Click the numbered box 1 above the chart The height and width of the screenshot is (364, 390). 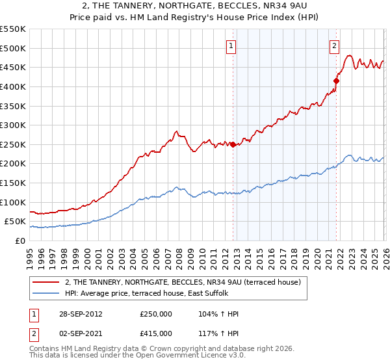(232, 45)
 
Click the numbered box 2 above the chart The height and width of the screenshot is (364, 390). (334, 45)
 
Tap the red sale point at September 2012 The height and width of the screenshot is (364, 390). (233, 145)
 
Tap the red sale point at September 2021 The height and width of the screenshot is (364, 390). (336, 81)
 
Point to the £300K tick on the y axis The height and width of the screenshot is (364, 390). (13, 125)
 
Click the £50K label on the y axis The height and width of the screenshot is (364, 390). (16, 222)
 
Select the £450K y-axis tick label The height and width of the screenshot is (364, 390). (13, 67)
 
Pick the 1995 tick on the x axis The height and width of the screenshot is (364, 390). (30, 254)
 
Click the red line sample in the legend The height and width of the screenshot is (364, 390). (47, 283)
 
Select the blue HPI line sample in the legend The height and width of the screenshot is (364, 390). (47, 294)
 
